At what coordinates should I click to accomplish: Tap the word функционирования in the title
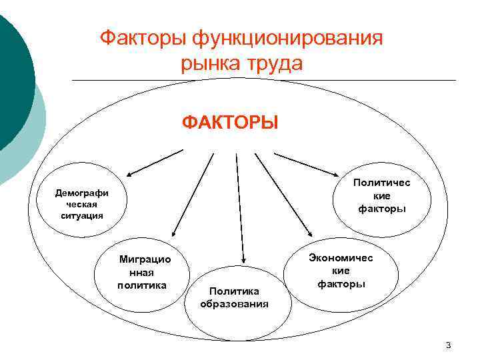287,38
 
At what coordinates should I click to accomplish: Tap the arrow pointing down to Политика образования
239,207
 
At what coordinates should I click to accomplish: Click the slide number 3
448,345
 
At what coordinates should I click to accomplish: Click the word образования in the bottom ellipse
234,304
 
